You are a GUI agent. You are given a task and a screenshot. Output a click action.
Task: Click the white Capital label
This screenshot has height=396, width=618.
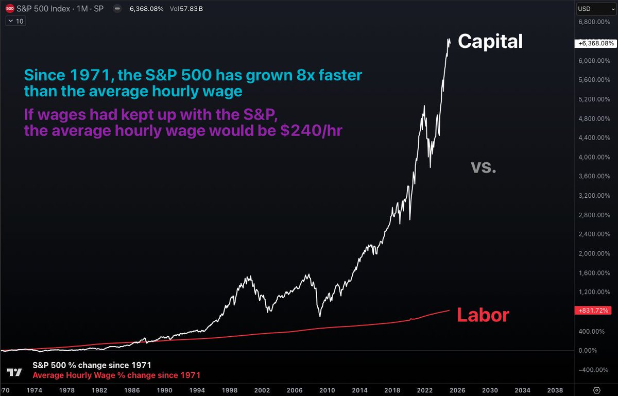tap(490, 41)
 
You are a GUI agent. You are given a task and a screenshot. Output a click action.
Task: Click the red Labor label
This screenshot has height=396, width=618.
tap(483, 315)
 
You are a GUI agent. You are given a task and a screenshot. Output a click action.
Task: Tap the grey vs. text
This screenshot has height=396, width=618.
tap(484, 166)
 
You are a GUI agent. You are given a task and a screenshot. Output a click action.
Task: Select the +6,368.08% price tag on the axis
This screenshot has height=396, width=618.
tap(595, 44)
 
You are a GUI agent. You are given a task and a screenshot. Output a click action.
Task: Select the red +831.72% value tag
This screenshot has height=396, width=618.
tap(595, 311)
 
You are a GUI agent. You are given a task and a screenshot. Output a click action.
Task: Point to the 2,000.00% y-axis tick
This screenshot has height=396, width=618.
tap(595, 253)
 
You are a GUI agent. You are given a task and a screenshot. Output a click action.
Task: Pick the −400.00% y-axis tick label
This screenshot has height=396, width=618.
tap(594, 370)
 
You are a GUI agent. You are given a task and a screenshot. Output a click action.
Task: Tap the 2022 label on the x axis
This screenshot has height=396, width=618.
tap(425, 390)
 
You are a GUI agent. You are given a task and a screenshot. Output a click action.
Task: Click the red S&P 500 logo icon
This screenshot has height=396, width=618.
tap(9, 9)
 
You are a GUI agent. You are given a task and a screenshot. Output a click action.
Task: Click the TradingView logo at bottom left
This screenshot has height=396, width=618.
tap(15, 372)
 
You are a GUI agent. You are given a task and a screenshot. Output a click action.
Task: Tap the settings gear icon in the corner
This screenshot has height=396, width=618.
tap(597, 389)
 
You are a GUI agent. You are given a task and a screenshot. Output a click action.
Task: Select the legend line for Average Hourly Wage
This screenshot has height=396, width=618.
tap(116, 375)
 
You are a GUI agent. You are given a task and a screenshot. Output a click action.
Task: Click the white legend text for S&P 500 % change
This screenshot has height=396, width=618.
tap(92, 365)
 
